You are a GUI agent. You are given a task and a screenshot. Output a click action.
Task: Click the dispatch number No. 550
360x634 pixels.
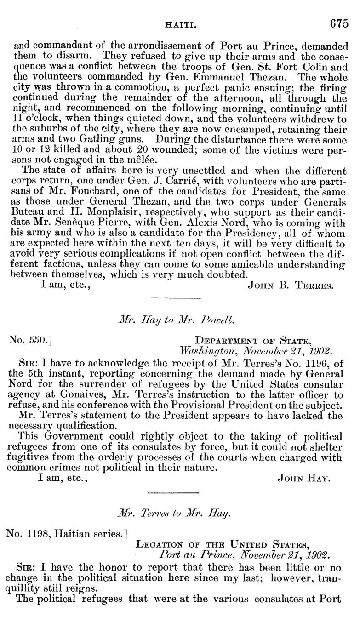point(29,341)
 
